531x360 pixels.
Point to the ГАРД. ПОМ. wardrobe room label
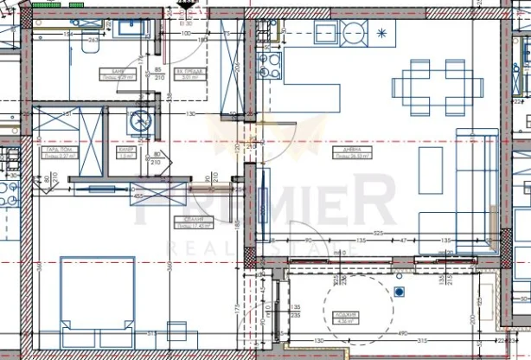[53, 151]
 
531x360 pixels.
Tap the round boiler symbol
[141, 122]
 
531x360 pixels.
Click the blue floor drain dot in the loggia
[399, 292]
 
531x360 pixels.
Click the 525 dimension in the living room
[378, 232]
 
